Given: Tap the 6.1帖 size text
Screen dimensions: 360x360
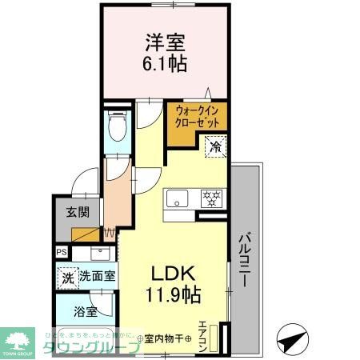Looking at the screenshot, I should (x=166, y=64).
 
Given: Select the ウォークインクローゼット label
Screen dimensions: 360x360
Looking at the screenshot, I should (x=197, y=118).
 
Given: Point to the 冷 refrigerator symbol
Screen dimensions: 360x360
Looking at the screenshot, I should (x=215, y=146).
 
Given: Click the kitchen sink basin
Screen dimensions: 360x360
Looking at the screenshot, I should (x=176, y=199).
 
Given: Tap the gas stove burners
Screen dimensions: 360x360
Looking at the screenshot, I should (x=212, y=199).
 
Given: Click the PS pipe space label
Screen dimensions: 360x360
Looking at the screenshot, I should (x=62, y=253).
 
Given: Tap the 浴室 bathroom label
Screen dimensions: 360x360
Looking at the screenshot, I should (x=86, y=311).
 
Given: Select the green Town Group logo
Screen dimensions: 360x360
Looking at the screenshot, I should (x=19, y=339).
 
